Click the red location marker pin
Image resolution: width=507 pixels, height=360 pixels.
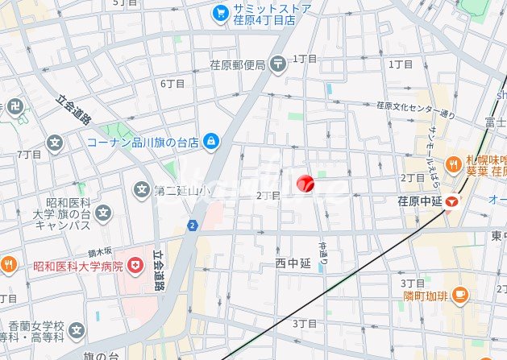click(305, 184)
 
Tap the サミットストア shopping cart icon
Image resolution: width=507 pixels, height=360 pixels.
click(220, 13)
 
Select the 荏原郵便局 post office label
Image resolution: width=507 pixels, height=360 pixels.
click(238, 64)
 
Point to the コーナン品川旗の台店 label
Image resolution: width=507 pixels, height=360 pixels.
click(143, 142)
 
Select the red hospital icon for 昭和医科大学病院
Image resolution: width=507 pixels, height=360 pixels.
click(135, 264)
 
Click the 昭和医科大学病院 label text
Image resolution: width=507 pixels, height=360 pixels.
click(78, 265)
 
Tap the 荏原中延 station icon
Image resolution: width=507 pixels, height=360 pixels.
click(455, 201)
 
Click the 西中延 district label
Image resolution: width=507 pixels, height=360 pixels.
click(292, 263)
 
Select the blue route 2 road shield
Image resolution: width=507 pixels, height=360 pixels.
click(192, 226)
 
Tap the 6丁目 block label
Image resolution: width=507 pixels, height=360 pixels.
click(172, 83)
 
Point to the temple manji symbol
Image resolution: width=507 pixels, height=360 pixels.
click(15, 105)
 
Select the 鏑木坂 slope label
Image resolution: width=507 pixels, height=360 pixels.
click(101, 252)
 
